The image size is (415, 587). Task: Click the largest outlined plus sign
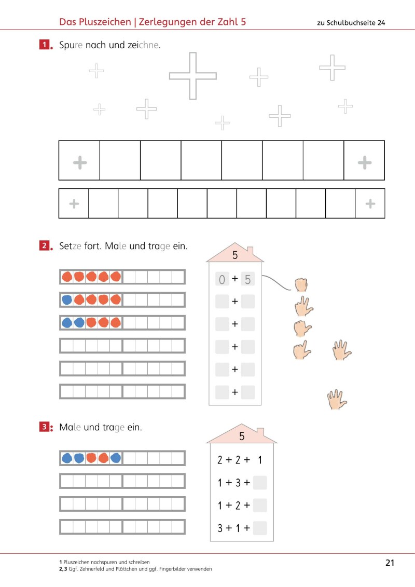tap(192, 76)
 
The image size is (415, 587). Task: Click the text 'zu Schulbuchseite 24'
tap(351, 22)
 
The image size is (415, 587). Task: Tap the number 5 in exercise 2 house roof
tap(235, 255)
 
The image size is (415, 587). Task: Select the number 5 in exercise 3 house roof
tap(242, 436)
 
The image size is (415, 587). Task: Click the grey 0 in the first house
tap(222, 280)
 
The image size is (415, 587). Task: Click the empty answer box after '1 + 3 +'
tap(260, 483)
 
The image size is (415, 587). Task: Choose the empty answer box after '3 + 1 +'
tap(260, 528)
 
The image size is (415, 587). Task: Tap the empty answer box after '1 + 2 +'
tap(260, 506)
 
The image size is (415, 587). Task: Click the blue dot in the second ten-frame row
tap(67, 300)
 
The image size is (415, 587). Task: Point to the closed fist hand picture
tap(301, 284)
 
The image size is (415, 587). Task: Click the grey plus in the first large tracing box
tap(79, 163)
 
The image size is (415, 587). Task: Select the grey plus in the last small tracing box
tap(370, 203)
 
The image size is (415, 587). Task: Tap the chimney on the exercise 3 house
tap(260, 432)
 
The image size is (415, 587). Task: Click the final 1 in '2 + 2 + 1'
tap(260, 460)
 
